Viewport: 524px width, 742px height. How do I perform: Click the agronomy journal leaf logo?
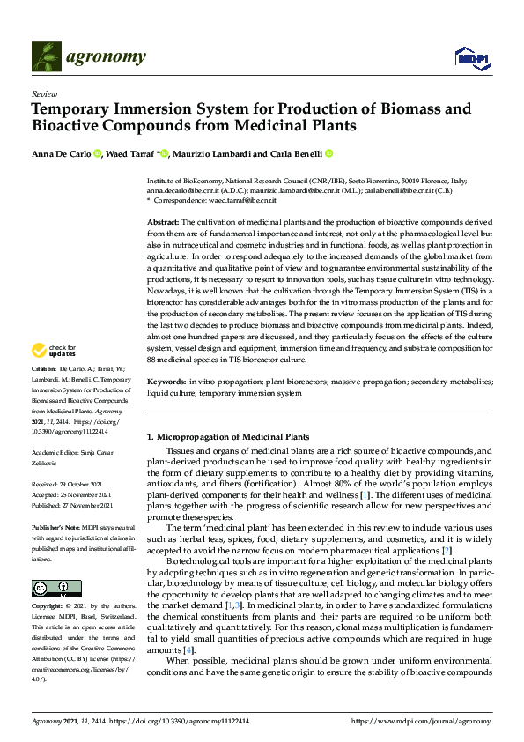pos(47,57)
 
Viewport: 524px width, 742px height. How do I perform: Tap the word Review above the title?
pos(43,93)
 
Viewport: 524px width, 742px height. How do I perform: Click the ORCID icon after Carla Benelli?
pos(328,153)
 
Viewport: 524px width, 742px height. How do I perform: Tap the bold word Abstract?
pos(163,222)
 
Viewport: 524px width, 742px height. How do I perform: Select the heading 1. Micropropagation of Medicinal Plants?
pos(227,437)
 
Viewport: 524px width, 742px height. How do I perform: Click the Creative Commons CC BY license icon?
pos(50,588)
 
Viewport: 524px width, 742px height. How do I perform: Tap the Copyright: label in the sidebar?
pos(49,607)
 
